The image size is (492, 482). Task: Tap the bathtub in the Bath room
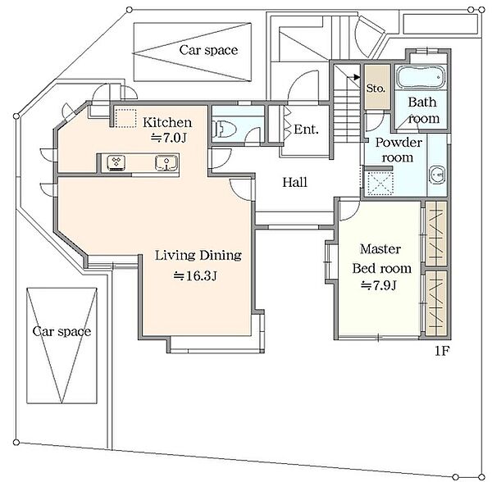coord(421,77)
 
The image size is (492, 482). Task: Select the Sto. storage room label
coord(376,89)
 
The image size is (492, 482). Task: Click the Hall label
coord(294,182)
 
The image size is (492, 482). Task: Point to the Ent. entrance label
coord(306,130)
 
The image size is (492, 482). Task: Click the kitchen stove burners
coord(116,162)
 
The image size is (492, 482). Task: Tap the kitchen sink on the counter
coord(166,163)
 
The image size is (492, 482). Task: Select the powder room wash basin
coord(437,174)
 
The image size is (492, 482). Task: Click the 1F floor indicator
coord(441,351)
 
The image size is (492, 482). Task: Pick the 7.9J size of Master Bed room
coord(379,285)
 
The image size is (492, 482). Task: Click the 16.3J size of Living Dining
coord(195,276)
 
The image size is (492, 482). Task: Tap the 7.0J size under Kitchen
coord(169,138)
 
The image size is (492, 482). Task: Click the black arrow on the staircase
coord(357,77)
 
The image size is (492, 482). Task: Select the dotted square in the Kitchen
coord(125,118)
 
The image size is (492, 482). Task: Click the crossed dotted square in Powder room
coord(378,184)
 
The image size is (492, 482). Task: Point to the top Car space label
coord(208,50)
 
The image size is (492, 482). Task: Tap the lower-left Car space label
coord(61,331)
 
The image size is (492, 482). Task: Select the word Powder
coord(399,143)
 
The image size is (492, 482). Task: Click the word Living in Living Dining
coord(175,255)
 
